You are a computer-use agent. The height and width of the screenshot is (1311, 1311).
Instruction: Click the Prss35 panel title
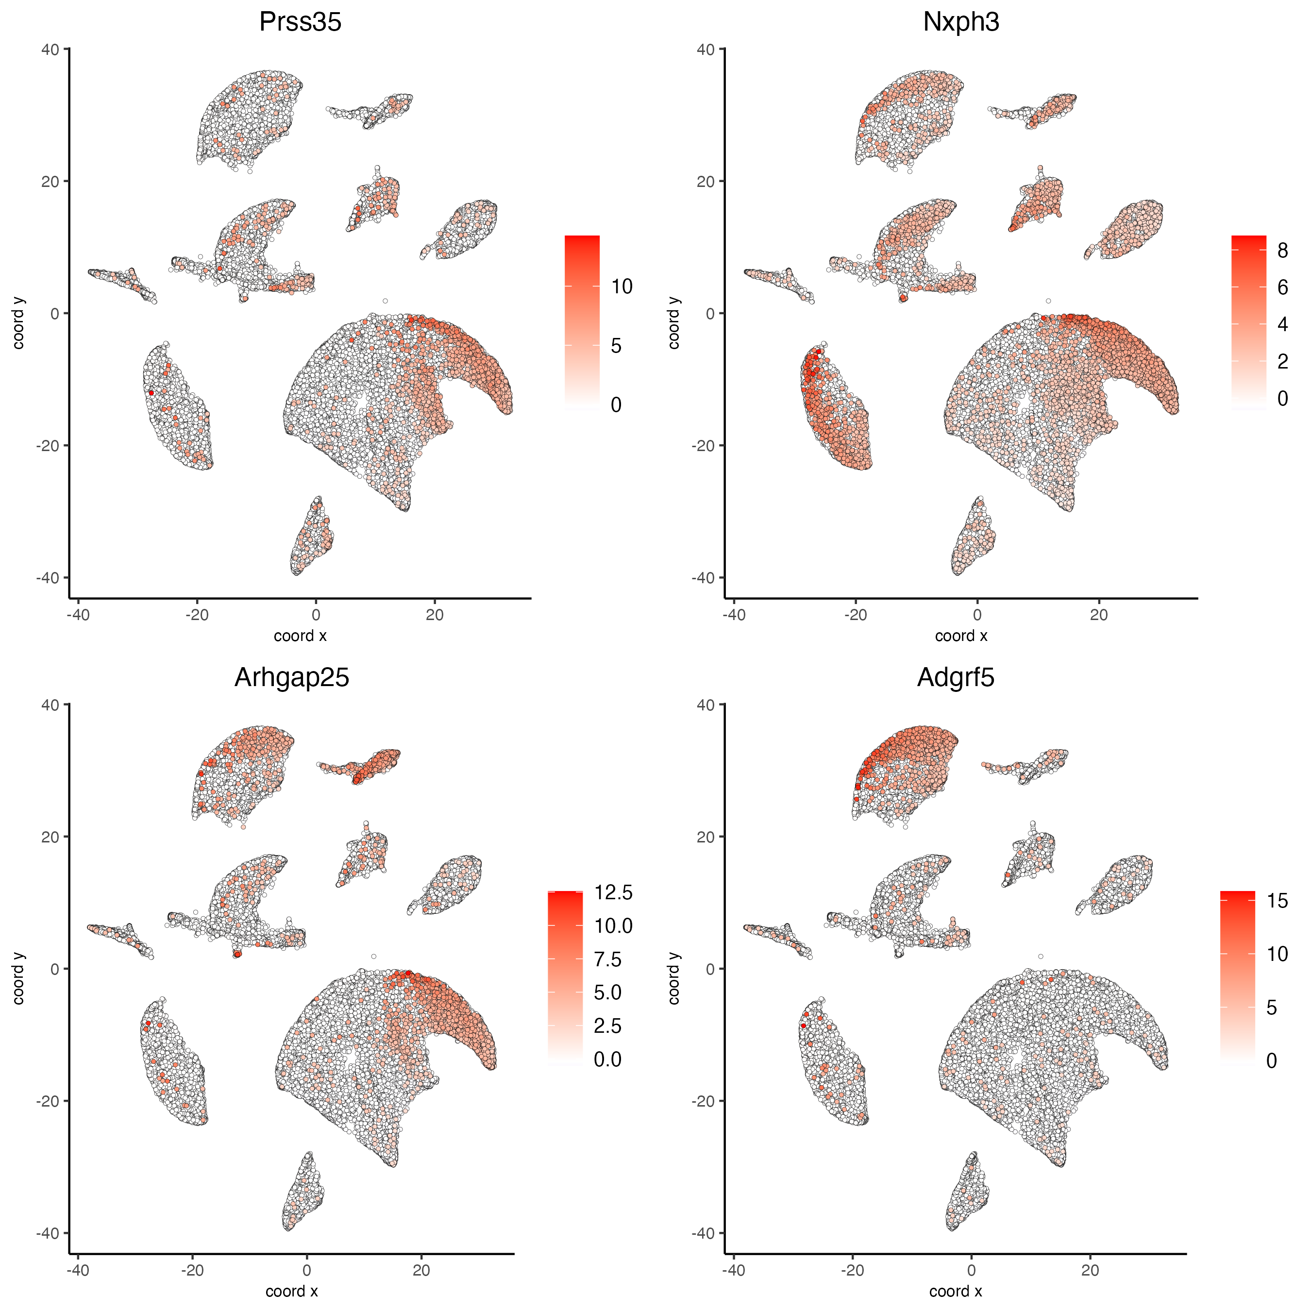click(x=300, y=22)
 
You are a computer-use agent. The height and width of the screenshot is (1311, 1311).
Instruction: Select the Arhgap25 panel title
click(x=291, y=678)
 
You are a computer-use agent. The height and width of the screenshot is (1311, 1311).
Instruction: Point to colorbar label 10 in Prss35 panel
click(x=621, y=287)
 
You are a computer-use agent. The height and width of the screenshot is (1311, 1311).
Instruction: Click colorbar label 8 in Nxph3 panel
click(x=1282, y=251)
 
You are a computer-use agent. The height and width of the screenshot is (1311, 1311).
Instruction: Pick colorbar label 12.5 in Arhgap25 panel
click(x=613, y=893)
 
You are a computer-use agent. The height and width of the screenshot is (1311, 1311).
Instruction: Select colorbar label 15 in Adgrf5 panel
click(x=1277, y=901)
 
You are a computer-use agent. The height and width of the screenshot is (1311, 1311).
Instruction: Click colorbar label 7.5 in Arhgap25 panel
click(x=607, y=959)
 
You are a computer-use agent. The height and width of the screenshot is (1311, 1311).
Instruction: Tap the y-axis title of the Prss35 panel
click(x=19, y=323)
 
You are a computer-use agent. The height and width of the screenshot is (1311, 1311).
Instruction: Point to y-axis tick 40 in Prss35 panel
click(x=50, y=50)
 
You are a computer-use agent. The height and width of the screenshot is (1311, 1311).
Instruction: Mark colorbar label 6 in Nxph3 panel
click(x=1282, y=288)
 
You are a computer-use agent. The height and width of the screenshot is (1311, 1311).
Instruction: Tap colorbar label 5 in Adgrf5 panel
click(x=1272, y=1008)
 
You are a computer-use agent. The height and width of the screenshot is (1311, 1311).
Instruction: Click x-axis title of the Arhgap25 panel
click(x=291, y=1291)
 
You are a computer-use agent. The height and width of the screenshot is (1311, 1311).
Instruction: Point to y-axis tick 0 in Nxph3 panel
click(x=710, y=314)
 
